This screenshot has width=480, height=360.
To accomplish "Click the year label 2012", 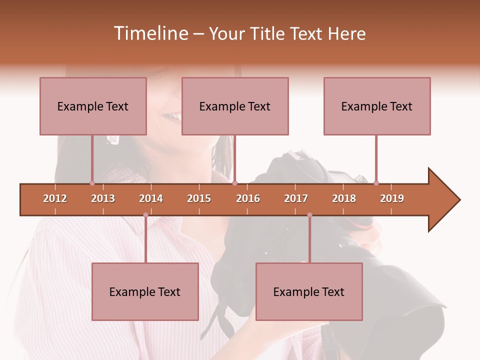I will [x=55, y=198].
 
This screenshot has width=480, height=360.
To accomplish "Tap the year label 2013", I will [x=103, y=198].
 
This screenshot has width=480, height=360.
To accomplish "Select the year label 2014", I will [x=151, y=198].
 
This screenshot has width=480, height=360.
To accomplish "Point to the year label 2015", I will [x=199, y=198].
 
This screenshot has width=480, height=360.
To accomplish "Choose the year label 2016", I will [x=248, y=198].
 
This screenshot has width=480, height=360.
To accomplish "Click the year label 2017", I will [x=296, y=198].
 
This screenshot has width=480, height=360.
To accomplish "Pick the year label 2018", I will [x=344, y=198].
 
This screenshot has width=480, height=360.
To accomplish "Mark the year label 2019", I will [x=392, y=198].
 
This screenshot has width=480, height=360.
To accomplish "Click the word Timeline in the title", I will [x=150, y=33].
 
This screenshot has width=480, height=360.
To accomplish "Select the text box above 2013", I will [x=93, y=106].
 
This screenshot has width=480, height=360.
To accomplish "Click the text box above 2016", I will [x=235, y=106].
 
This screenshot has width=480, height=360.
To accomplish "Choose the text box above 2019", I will [x=377, y=106].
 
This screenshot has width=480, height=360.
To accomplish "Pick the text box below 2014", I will [x=145, y=291].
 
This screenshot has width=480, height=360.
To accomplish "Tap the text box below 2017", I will [x=309, y=291].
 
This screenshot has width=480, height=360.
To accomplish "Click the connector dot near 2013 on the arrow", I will [x=92, y=183].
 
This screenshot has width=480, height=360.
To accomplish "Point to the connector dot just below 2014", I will [x=145, y=215].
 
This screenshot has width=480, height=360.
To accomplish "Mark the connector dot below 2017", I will [x=309, y=215].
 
